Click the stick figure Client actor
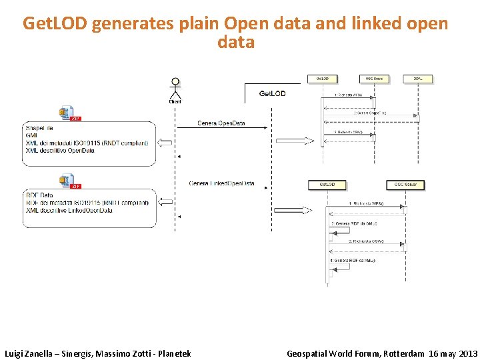(x=175, y=89)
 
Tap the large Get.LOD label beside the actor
(x=272, y=93)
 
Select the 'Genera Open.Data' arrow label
(x=221, y=123)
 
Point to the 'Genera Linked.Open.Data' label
(x=221, y=183)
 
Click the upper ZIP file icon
(x=68, y=113)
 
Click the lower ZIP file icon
(x=68, y=181)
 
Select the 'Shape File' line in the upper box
(x=39, y=128)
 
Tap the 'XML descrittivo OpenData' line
(x=59, y=151)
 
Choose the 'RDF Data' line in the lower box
(x=39, y=195)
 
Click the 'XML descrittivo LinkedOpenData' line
(x=69, y=211)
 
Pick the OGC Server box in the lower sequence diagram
(x=405, y=185)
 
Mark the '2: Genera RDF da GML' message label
(x=353, y=223)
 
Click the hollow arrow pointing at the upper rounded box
(x=165, y=142)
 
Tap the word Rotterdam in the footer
(x=403, y=353)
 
